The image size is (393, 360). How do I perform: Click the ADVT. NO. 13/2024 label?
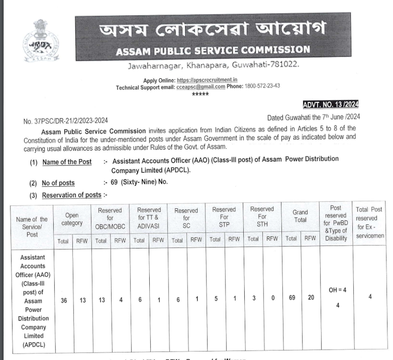coord(330,104)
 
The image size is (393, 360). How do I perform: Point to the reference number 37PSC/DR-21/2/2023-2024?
coord(65,121)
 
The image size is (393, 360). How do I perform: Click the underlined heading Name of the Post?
coord(67,162)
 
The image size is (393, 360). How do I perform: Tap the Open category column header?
coord(72,218)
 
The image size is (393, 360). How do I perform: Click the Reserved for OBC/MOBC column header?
coord(110,218)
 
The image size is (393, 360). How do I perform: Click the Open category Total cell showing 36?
coord(63,300)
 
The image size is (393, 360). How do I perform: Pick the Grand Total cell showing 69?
coord(291,298)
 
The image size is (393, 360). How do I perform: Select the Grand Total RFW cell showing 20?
coord(311,298)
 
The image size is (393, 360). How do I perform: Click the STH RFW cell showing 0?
coord(272,298)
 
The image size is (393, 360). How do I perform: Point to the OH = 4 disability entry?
coord(336,290)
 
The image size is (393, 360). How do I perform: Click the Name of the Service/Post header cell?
coord(32,226)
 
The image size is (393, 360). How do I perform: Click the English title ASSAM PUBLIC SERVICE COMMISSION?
coord(213,50)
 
